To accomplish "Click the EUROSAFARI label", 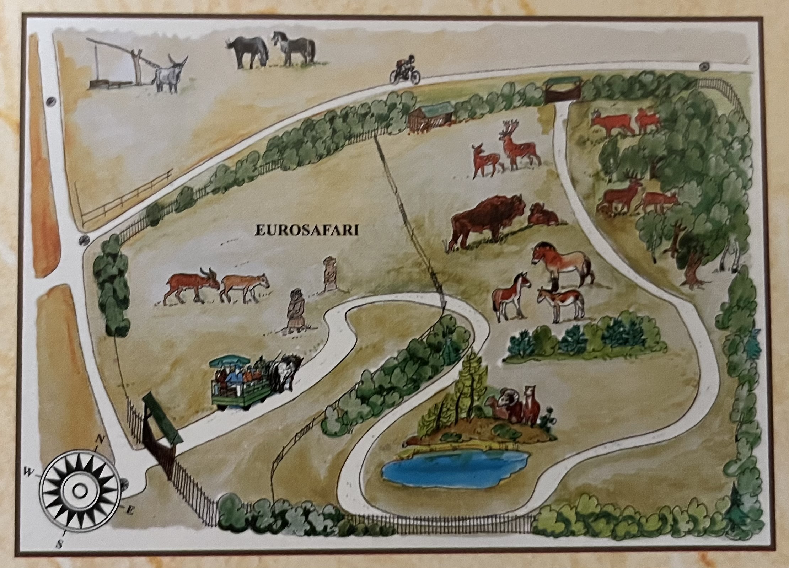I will [306, 230].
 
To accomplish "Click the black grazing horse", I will [248, 52].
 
